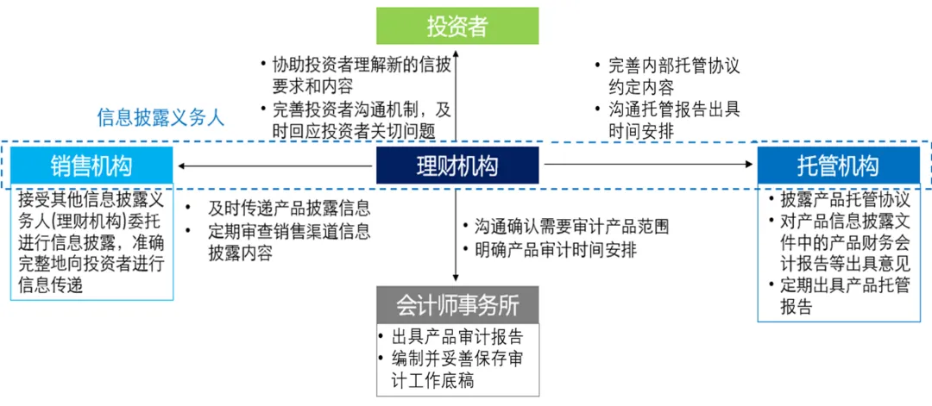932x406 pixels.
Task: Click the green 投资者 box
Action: [457, 26]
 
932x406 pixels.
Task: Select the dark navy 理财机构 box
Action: [457, 165]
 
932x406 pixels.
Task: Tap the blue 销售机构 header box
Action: [91, 165]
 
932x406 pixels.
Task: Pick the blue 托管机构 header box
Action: [838, 165]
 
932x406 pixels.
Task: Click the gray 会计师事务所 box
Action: [457, 305]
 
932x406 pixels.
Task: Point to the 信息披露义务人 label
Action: [161, 118]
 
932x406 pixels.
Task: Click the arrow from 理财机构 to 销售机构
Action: [276, 165]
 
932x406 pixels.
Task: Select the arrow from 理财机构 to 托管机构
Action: [647, 164]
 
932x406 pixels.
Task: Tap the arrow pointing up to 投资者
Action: [457, 95]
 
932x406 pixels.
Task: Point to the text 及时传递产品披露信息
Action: [289, 208]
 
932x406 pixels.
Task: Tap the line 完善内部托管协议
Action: [674, 65]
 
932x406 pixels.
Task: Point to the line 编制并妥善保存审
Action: [457, 359]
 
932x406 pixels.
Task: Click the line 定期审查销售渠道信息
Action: [289, 231]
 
